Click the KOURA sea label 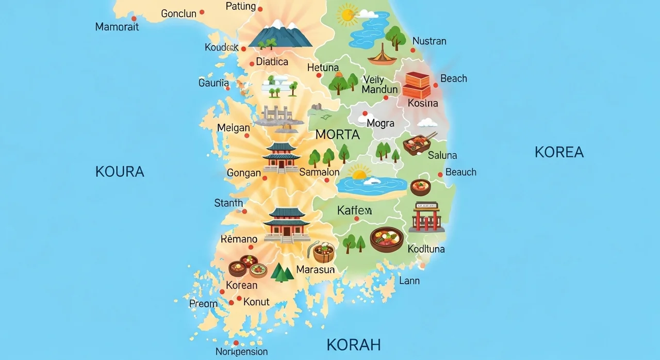click(x=120, y=172)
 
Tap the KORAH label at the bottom click(x=354, y=345)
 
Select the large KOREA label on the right click(x=559, y=152)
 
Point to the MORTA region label click(x=337, y=135)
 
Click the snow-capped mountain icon click(x=280, y=35)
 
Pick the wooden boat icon click(x=382, y=56)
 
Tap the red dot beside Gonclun click(x=202, y=12)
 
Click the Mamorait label click(x=117, y=27)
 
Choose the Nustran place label click(x=430, y=41)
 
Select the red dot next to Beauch click(x=440, y=175)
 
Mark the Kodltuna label click(x=426, y=249)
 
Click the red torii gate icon click(x=426, y=217)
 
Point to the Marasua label click(x=316, y=269)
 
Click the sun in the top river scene click(x=346, y=14)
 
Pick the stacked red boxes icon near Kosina click(x=416, y=86)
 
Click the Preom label click(x=203, y=304)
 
